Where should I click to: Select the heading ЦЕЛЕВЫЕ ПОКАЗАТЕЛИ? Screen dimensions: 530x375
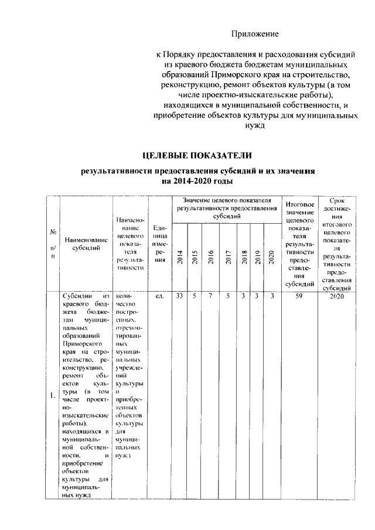point(197,155)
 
